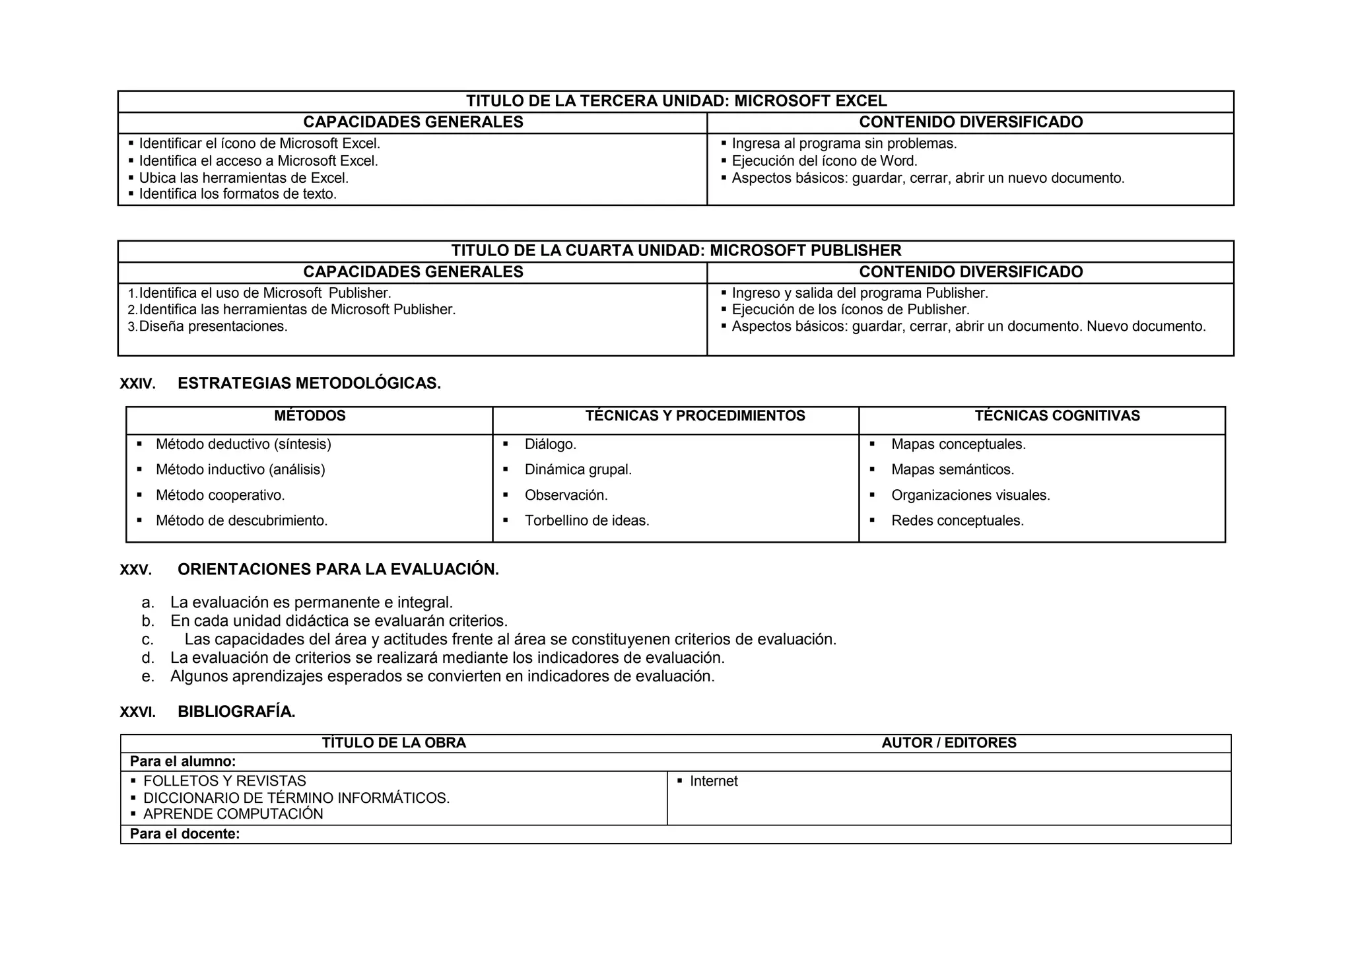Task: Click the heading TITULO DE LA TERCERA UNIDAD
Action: coord(676,101)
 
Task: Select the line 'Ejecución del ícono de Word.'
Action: coord(824,161)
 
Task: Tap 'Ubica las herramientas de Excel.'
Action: coord(243,178)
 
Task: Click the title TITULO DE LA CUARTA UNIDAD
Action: coord(676,251)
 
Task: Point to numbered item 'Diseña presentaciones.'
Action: coord(213,327)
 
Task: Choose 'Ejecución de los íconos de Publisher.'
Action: coord(850,310)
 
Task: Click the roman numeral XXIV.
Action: coord(137,384)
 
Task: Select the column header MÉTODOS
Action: coord(310,416)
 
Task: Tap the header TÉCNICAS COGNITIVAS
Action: coord(1057,416)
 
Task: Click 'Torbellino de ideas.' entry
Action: coord(586,521)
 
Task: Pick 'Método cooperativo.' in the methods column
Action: coord(220,495)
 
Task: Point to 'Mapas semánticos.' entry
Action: coord(952,470)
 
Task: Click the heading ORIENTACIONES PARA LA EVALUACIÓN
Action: coord(338,570)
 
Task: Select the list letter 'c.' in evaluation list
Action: coord(148,640)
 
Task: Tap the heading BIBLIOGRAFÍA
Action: coord(236,712)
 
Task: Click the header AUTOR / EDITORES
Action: coord(949,743)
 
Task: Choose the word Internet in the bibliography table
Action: coord(713,782)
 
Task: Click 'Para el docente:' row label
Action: coord(184,835)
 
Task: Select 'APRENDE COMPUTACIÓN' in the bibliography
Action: coord(232,815)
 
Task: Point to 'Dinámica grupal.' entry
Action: coord(578,470)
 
